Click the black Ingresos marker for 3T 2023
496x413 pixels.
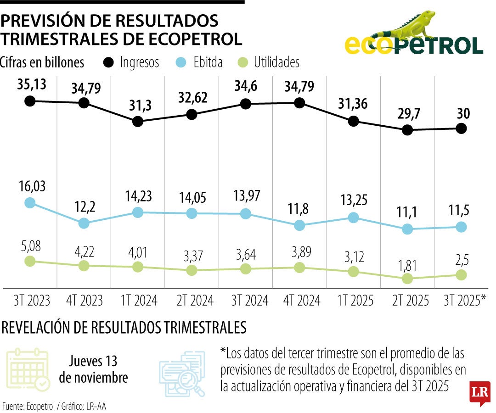pyautogui.click(x=30, y=101)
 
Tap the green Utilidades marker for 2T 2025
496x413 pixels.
pyautogui.click(x=407, y=279)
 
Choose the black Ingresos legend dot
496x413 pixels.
pyautogui.click(x=109, y=62)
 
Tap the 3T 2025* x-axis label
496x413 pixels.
pyautogui.click(x=464, y=301)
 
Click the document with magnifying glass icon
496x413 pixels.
pyautogui.click(x=182, y=373)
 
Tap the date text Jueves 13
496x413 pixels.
pyautogui.click(x=93, y=361)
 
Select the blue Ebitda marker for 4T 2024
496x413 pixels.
pyautogui.click(x=299, y=225)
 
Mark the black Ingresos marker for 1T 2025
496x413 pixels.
pyautogui.click(x=353, y=121)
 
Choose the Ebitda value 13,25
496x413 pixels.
pyautogui.click(x=353, y=201)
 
